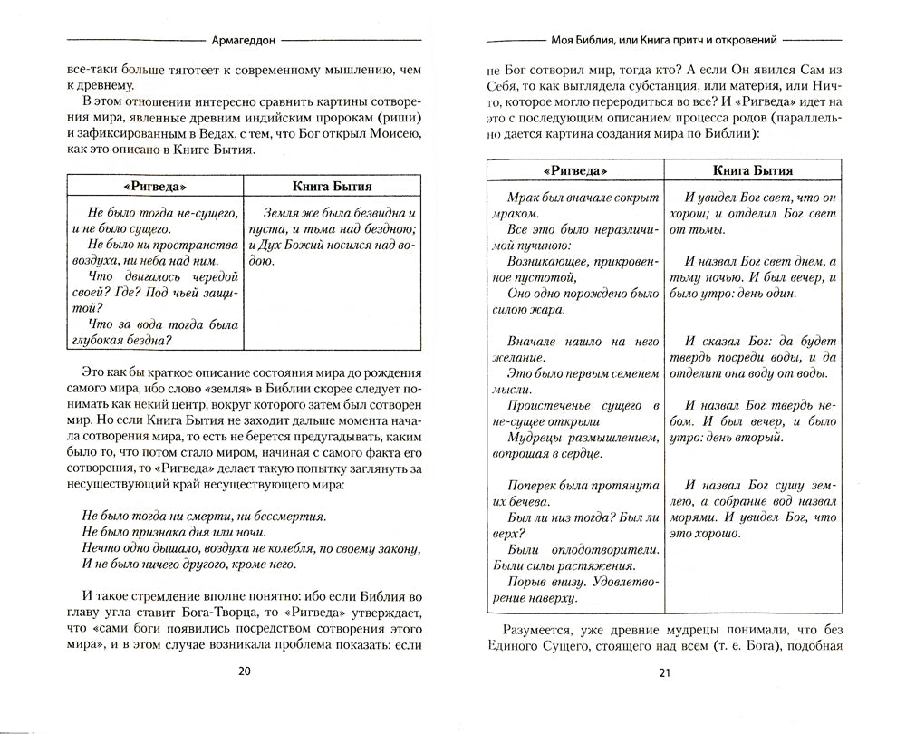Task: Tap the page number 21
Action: click(664, 671)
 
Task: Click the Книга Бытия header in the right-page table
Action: click(752, 170)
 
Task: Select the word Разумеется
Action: click(545, 629)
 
